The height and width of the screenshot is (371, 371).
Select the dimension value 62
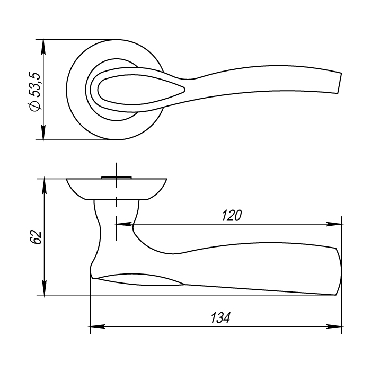tap(36, 237)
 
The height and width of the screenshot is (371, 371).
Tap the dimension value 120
tap(232, 216)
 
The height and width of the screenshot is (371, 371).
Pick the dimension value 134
tap(220, 318)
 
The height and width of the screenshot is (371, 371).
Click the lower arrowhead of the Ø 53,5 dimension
tap(43, 132)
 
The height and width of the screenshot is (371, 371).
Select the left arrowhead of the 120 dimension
tap(123, 224)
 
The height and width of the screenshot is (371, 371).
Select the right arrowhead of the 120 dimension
tap(334, 224)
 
